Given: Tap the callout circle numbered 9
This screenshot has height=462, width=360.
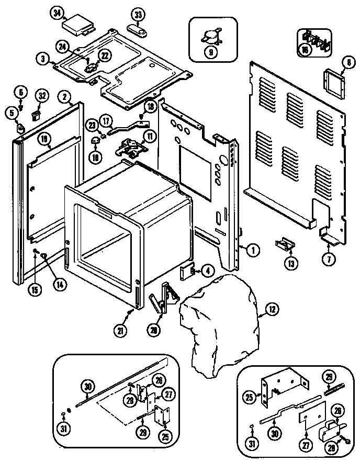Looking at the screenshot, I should [x=210, y=51].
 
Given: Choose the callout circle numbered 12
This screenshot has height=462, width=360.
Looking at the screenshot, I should [x=272, y=310].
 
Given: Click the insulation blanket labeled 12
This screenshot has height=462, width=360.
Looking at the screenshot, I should [x=220, y=319].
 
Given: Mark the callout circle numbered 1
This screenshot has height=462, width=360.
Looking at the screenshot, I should [x=253, y=249].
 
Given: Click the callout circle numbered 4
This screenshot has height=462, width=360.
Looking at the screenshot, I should [x=207, y=271].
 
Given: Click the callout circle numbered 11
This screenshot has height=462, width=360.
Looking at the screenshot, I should [x=150, y=137].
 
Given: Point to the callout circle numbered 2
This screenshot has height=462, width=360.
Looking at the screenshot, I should [x=64, y=96].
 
